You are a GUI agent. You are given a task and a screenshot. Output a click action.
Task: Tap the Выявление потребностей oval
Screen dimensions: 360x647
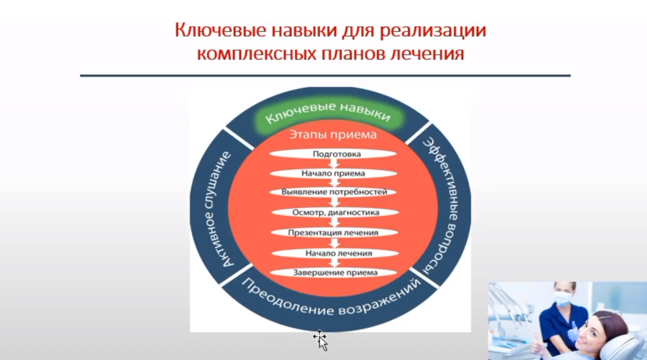pyautogui.click(x=334, y=192)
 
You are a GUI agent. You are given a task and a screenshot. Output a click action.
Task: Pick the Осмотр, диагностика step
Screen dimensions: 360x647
pyautogui.click(x=335, y=213)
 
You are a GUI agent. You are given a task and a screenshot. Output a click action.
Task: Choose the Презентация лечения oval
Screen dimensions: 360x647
pyautogui.click(x=333, y=233)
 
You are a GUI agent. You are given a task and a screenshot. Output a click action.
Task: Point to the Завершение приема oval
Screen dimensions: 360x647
pyautogui.click(x=335, y=273)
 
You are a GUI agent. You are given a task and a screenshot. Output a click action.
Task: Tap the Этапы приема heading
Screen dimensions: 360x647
pyautogui.click(x=332, y=135)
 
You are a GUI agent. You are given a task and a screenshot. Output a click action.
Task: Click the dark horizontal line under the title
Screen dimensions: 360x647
pyautogui.click(x=325, y=76)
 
